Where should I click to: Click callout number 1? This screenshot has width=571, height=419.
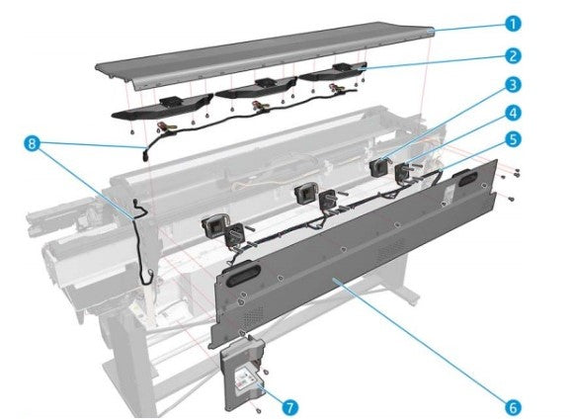(x=513, y=24)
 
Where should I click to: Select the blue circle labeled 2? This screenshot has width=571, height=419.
(x=513, y=56)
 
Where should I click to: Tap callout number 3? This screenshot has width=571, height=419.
(x=513, y=85)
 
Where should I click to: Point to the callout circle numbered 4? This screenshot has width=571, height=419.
(x=513, y=113)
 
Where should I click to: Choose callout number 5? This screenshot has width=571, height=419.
(x=513, y=139)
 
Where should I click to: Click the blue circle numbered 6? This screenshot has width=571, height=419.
(x=513, y=407)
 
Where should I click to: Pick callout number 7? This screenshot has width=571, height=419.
(x=289, y=407)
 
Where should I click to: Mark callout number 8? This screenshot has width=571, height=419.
(x=32, y=143)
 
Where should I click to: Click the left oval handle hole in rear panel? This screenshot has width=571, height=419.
(x=244, y=275)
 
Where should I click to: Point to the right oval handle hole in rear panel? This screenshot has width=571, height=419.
(x=464, y=178)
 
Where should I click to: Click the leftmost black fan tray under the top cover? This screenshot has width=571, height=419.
(x=162, y=108)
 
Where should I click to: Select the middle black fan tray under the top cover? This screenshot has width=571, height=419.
(x=255, y=88)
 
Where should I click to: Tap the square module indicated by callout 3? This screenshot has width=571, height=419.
(x=378, y=167)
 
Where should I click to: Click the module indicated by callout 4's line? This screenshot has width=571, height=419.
(x=404, y=172)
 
